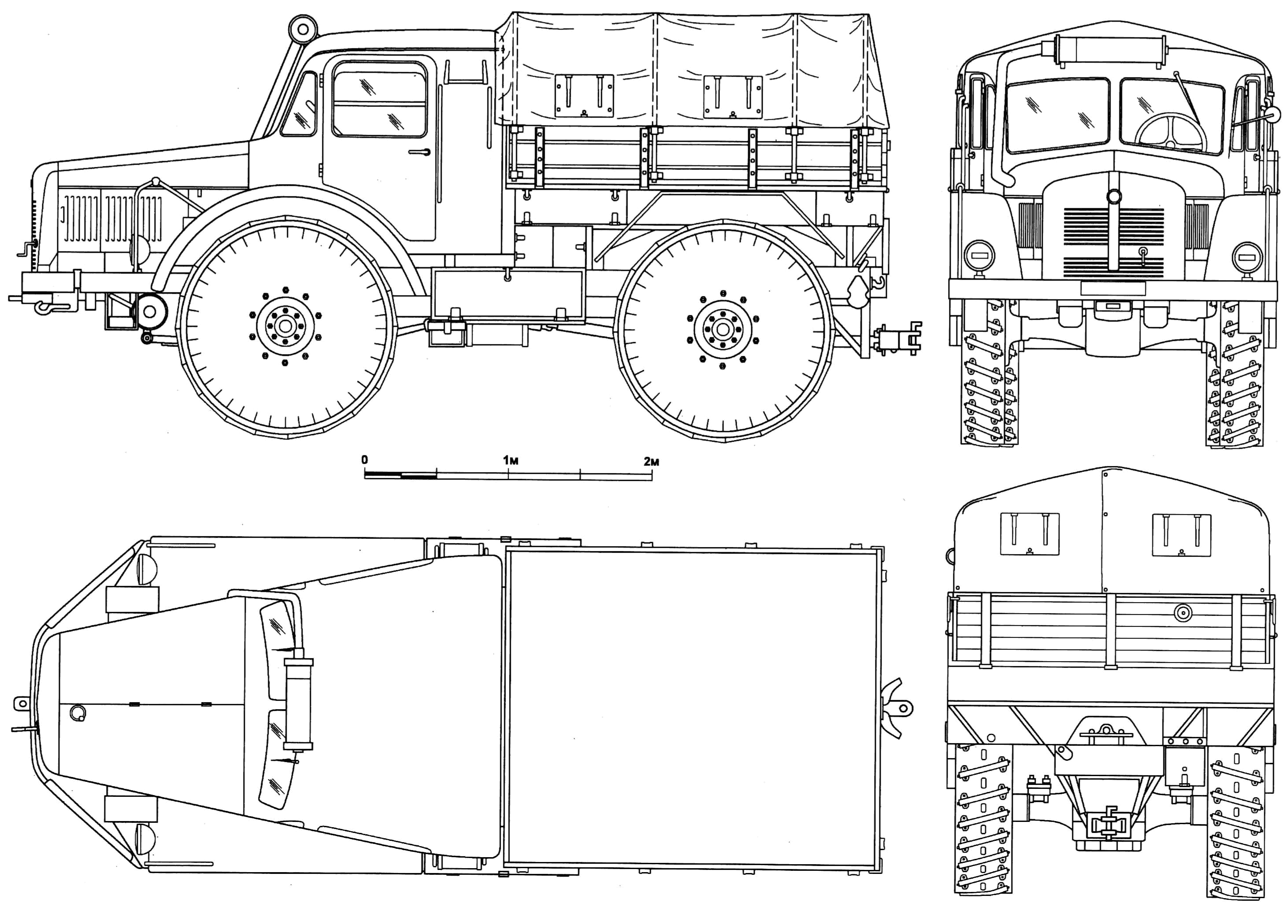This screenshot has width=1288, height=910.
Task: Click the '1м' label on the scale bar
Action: tap(510, 461)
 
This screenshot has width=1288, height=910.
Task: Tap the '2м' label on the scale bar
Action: tap(651, 462)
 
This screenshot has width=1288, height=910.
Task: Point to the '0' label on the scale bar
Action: tap(365, 460)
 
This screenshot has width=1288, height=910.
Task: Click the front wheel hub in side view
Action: tap(285, 326)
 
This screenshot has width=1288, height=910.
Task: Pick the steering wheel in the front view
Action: tap(1171, 135)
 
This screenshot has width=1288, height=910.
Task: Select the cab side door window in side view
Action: tap(379, 100)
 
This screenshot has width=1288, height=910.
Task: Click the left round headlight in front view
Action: tap(979, 256)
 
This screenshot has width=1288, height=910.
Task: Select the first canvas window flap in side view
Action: tap(584, 96)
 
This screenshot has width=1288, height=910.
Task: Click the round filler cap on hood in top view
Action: tap(78, 713)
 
